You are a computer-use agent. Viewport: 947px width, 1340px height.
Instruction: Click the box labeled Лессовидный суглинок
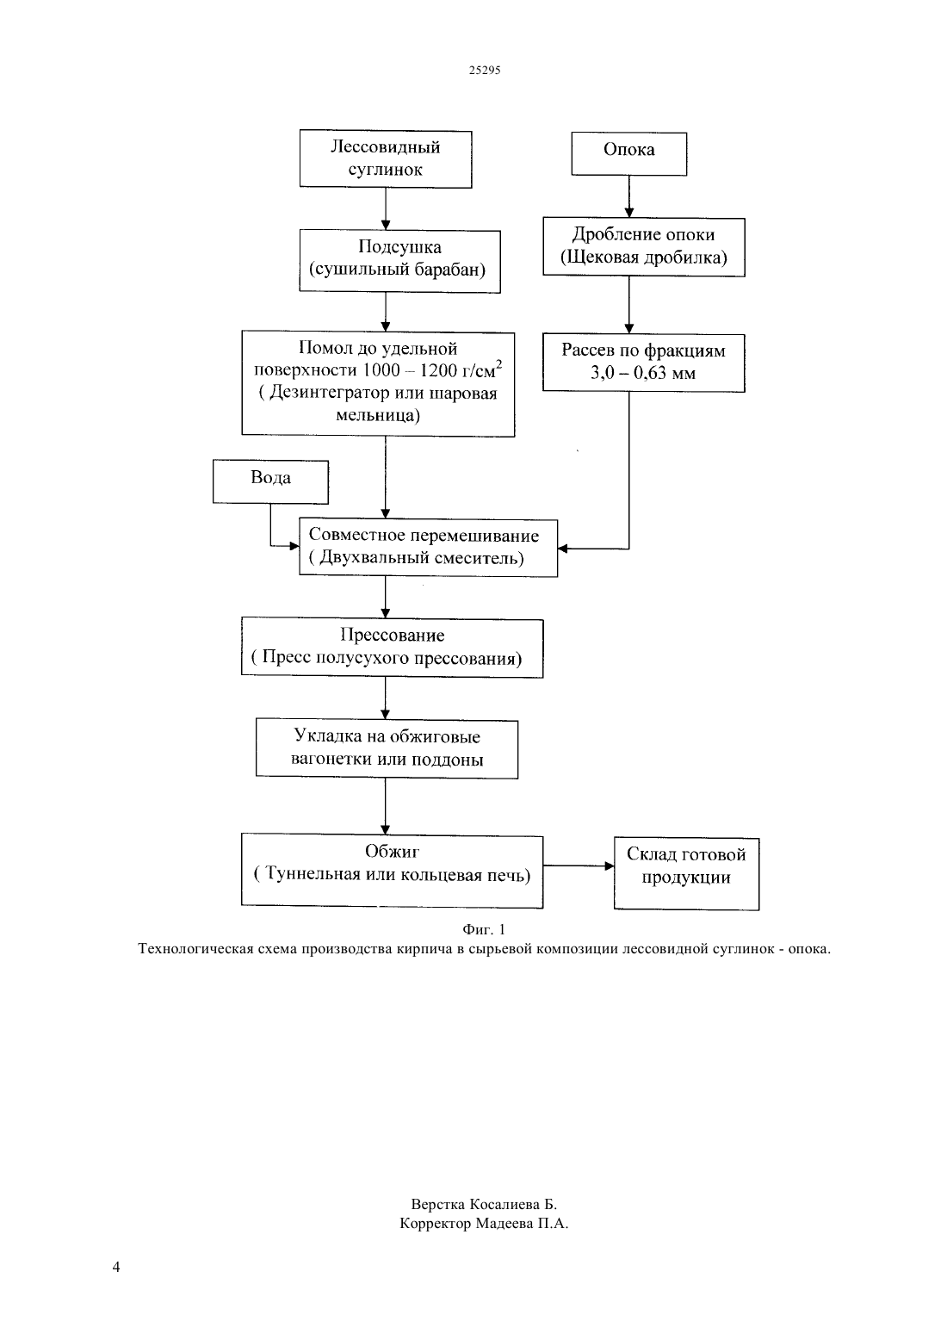[386, 159]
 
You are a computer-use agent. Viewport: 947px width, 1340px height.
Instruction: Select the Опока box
[629, 154]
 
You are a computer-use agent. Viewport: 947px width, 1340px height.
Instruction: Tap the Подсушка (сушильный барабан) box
[400, 262]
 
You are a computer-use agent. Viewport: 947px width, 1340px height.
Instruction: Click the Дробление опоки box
[644, 247]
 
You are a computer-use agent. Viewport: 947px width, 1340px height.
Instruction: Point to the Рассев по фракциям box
[644, 363]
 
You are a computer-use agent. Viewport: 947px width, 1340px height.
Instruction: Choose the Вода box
[270, 481]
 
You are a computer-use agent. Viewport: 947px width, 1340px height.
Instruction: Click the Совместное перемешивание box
[428, 548]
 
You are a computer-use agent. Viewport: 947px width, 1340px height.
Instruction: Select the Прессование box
[393, 648]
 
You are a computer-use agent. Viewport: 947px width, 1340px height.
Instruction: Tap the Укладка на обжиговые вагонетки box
[387, 749]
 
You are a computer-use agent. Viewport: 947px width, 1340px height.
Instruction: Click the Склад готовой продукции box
[686, 874]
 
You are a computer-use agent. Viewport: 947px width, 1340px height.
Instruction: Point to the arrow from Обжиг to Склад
[579, 865]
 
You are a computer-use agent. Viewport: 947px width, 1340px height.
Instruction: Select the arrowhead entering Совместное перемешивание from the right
[562, 548]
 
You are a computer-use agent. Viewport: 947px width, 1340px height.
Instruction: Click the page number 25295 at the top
[484, 70]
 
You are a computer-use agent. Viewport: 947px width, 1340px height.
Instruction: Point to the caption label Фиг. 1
[484, 929]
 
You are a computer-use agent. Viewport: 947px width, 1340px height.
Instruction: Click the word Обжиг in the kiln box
[393, 851]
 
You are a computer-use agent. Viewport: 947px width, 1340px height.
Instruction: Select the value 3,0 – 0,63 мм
[643, 373]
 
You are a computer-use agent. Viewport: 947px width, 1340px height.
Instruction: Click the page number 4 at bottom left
[116, 1267]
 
